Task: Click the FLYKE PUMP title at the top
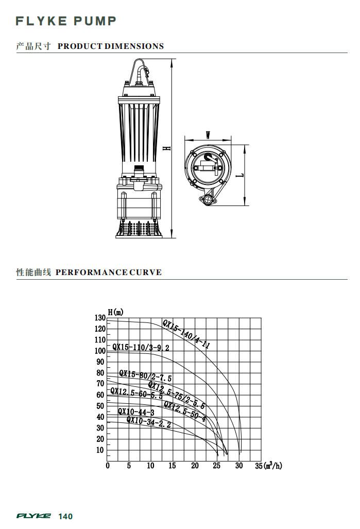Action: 66,21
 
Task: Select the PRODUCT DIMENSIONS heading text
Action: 110,46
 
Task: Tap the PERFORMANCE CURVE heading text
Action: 108,272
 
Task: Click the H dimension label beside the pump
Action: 168,148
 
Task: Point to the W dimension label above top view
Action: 208,135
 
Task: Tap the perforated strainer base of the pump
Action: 139,228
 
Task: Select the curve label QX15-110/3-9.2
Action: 141,347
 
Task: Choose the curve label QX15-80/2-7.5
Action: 145,376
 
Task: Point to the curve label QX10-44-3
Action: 135,412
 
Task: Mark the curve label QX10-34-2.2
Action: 148,422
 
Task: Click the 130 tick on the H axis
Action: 100,318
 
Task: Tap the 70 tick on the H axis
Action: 100,384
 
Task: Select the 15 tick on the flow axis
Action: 172,466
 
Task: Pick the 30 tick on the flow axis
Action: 239,466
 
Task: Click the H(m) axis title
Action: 116,312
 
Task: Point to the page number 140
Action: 65,517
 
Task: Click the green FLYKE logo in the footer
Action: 34,516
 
